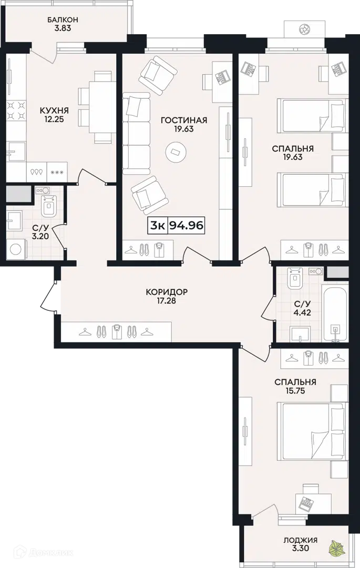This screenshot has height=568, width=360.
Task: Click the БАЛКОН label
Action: (63, 19)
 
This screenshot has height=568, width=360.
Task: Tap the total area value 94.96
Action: (187, 226)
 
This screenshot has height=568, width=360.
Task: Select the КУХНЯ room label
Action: (54, 110)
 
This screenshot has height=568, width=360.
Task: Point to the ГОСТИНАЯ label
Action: (184, 120)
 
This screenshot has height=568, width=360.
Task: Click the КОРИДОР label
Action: (167, 291)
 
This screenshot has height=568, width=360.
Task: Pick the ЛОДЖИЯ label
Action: (300, 540)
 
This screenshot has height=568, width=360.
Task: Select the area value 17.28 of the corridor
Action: (167, 300)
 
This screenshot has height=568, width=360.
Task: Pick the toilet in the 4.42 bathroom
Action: (295, 278)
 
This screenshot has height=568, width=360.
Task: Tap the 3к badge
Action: (158, 226)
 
